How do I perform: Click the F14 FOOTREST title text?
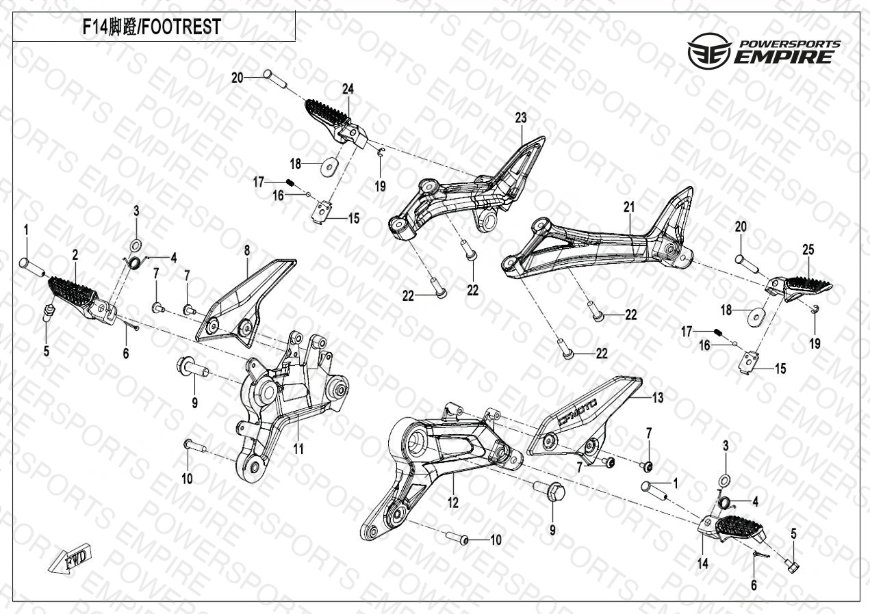[151, 27]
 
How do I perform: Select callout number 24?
[348, 90]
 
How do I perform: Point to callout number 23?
[521, 118]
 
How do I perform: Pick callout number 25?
[808, 251]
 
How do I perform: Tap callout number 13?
[657, 397]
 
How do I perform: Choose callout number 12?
[453, 504]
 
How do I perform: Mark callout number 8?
[247, 251]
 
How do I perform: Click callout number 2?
[75, 255]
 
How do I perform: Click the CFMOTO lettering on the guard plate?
[577, 412]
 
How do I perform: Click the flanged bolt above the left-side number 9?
[192, 367]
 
